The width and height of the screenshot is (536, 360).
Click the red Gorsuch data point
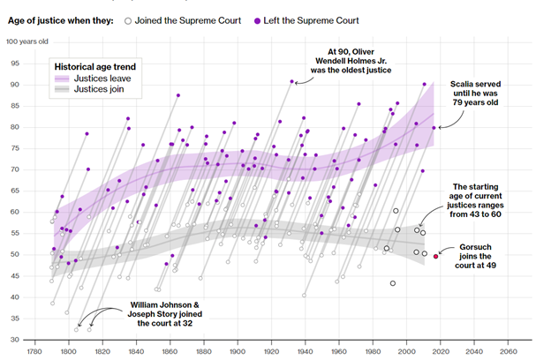(435, 256)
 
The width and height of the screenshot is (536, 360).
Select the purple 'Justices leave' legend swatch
(67, 78)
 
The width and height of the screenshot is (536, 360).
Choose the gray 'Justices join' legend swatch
(67, 89)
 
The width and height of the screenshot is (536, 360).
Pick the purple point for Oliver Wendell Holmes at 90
(291, 81)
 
